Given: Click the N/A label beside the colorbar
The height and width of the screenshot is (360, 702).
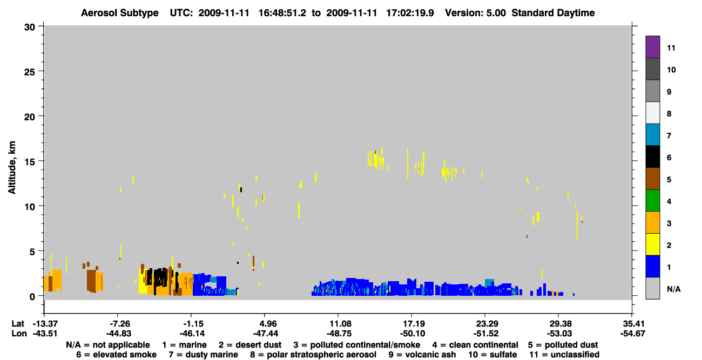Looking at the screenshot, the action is pos(673,289).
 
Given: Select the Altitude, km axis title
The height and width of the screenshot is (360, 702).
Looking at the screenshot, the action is pos(11,168).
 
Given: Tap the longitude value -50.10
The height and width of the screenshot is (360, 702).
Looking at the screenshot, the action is pos(413,334).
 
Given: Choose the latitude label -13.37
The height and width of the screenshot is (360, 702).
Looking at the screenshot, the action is pos(45,323).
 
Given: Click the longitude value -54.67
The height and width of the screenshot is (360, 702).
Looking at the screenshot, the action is pos(632,334).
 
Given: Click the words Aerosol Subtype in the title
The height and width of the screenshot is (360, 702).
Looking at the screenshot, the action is pos(120,13).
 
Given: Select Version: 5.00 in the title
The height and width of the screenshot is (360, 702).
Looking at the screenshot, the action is pos(475,13).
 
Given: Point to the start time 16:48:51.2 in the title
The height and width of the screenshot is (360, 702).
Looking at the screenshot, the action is pos(282,13).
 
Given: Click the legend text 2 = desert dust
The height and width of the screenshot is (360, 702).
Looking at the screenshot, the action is pos(250,345).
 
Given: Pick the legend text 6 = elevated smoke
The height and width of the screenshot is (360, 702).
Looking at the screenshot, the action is pos(116,355).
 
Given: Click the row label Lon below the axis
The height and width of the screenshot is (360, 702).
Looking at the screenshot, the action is pos(19,334).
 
